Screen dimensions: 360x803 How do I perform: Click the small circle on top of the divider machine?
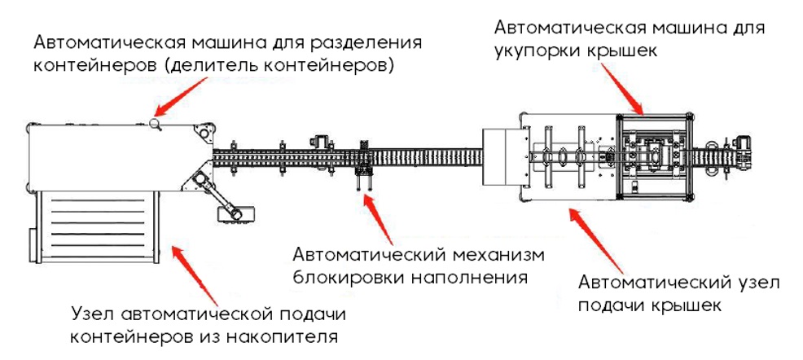pyautogui.click(x=155, y=123)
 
